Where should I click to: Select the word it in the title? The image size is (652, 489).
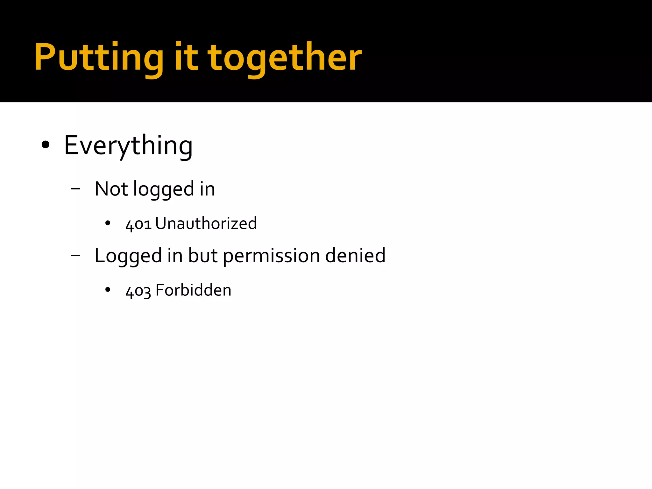pyautogui.click(x=186, y=57)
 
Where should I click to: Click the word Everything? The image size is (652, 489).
pyautogui.click(x=128, y=146)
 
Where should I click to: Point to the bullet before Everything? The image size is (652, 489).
pyautogui.click(x=46, y=145)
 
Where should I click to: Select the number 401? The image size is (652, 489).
pyautogui.click(x=138, y=224)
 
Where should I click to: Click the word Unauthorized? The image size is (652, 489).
pyautogui.click(x=206, y=223)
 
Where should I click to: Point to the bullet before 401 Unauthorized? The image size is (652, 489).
pyautogui.click(x=108, y=223)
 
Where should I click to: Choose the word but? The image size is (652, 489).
pyautogui.click(x=202, y=255)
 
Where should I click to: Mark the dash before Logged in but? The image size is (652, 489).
pyautogui.click(x=75, y=255)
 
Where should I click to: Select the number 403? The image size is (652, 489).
pyautogui.click(x=138, y=291)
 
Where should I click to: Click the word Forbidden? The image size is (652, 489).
pyautogui.click(x=193, y=290)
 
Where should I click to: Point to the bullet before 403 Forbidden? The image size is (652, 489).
pyautogui.click(x=108, y=290)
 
